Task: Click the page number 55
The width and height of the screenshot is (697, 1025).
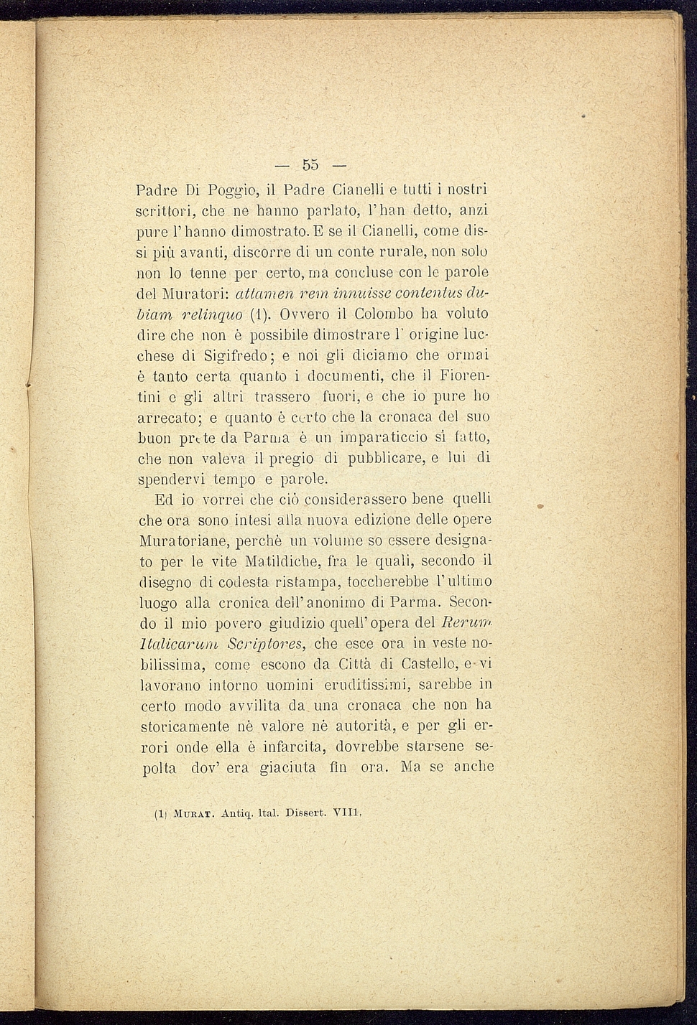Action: (310, 164)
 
